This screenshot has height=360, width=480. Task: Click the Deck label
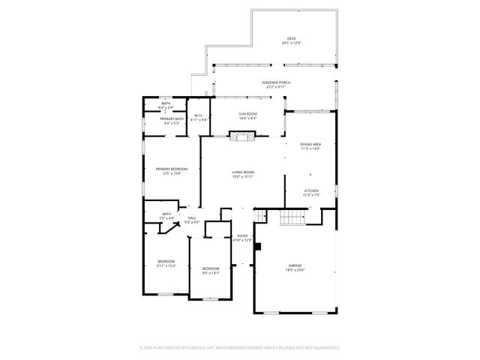pyautogui.click(x=291, y=38)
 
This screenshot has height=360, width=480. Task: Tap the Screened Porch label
pyautogui.click(x=275, y=82)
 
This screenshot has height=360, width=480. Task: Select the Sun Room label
pyautogui.click(x=247, y=113)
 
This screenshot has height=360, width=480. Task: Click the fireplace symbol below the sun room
pyautogui.click(x=241, y=136)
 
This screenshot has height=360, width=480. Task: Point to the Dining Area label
pyautogui.click(x=310, y=144)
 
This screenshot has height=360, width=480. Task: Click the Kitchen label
pyautogui.click(x=310, y=190)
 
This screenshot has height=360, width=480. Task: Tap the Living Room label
pyautogui.click(x=242, y=172)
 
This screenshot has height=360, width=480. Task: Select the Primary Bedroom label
pyautogui.click(x=171, y=169)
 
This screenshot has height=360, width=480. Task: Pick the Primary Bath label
pyautogui.click(x=171, y=118)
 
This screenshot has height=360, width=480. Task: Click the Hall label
pyautogui.click(x=192, y=217)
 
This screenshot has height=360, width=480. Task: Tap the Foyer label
pyautogui.click(x=242, y=235)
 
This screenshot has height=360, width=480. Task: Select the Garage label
pyautogui.click(x=295, y=265)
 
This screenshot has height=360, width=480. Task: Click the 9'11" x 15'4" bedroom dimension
pyautogui.click(x=166, y=265)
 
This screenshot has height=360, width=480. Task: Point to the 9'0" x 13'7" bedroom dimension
pyautogui.click(x=210, y=273)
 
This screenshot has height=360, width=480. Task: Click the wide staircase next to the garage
pyautogui.click(x=291, y=217)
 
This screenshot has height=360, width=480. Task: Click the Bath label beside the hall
pyautogui.click(x=166, y=214)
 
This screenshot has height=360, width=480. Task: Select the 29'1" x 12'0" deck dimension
pyautogui.click(x=291, y=43)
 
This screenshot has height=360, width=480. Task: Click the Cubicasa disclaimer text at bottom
pyautogui.click(x=240, y=347)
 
